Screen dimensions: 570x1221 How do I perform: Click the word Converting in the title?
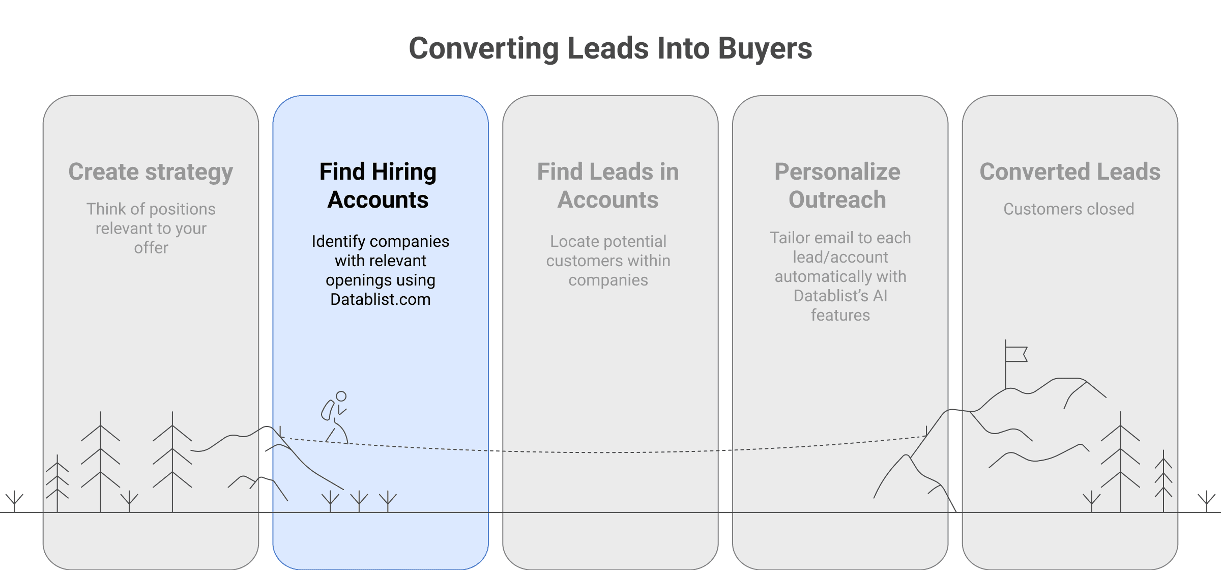483,49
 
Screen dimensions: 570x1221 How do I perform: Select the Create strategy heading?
151,172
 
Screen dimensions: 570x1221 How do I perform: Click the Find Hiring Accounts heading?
378,185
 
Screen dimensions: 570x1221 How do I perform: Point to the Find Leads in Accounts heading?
608,185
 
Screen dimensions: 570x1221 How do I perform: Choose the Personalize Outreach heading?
837,185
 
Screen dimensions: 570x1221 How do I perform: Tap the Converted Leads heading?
1070,172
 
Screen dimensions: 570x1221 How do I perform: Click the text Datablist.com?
380,299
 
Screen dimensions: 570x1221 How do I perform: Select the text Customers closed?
1068,209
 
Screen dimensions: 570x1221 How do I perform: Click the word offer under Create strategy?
151,248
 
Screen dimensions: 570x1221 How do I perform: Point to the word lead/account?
840,258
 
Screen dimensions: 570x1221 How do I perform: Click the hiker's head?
341,396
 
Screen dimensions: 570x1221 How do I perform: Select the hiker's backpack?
327,410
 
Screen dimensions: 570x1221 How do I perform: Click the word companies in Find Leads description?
608,280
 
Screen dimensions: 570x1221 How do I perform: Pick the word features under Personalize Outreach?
840,316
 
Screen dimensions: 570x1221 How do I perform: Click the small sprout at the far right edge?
1206,501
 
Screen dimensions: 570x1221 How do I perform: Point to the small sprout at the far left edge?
14,501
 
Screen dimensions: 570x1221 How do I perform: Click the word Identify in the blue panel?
338,241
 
